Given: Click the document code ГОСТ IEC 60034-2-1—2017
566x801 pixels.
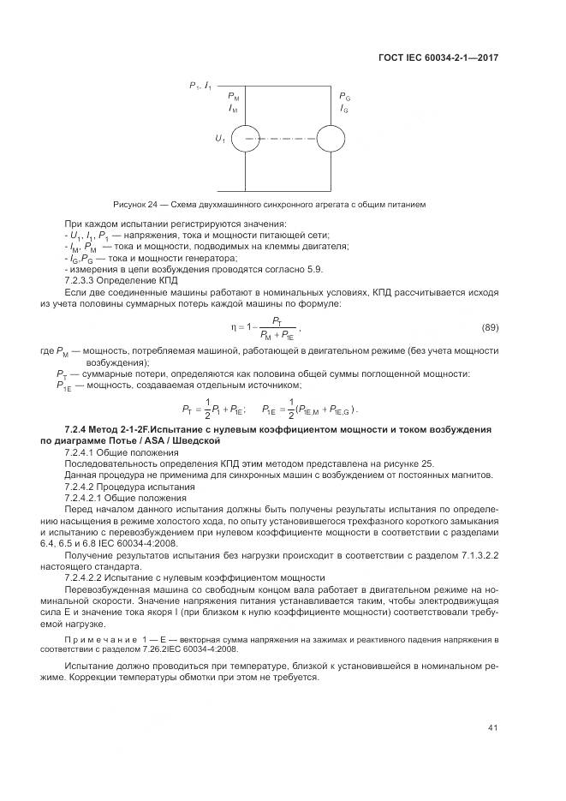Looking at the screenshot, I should coord(438,57).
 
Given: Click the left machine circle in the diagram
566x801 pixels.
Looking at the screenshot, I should coord(246,137).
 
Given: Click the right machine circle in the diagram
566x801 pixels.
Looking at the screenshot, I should coord(331,137).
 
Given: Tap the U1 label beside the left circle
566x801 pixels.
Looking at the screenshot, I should coord(221,137).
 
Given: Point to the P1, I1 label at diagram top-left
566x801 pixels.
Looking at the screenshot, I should coord(201,86).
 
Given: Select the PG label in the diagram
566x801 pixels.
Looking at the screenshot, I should coord(344,98).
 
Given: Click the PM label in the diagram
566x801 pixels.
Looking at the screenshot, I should coord(234,98).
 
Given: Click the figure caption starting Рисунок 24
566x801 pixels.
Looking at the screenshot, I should coord(270,204).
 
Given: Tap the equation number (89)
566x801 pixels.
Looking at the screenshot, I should coord(491,329).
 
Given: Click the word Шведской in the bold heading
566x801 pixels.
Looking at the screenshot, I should coord(198,439).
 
